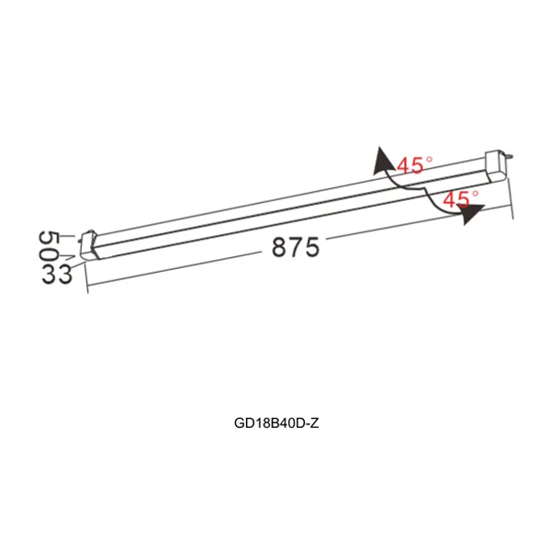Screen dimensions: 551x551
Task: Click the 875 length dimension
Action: click(x=296, y=247)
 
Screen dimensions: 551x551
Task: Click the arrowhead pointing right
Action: click(x=473, y=215)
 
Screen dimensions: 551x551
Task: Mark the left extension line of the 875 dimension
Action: click(x=86, y=275)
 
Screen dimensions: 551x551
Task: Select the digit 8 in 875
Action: click(x=279, y=249)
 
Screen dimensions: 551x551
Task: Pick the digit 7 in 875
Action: click(x=296, y=247)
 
